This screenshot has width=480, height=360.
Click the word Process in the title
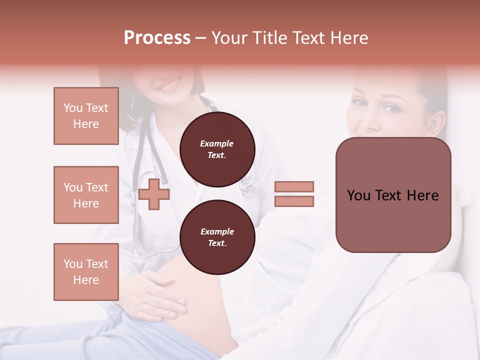coord(157,38)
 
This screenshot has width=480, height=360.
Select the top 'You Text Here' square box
coord(86,116)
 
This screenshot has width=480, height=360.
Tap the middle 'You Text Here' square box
coord(86,195)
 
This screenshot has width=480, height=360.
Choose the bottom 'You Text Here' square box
coord(86,271)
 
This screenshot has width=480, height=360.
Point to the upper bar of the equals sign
coord(294,186)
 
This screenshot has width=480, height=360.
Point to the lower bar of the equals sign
coord(294,201)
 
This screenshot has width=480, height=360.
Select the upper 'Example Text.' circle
coord(217,149)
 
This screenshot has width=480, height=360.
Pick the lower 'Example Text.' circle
coord(217,237)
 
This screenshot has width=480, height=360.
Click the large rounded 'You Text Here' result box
coord(393,195)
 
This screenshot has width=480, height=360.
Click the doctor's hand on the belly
coord(160,295)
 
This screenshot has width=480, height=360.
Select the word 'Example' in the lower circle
coord(217,231)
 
